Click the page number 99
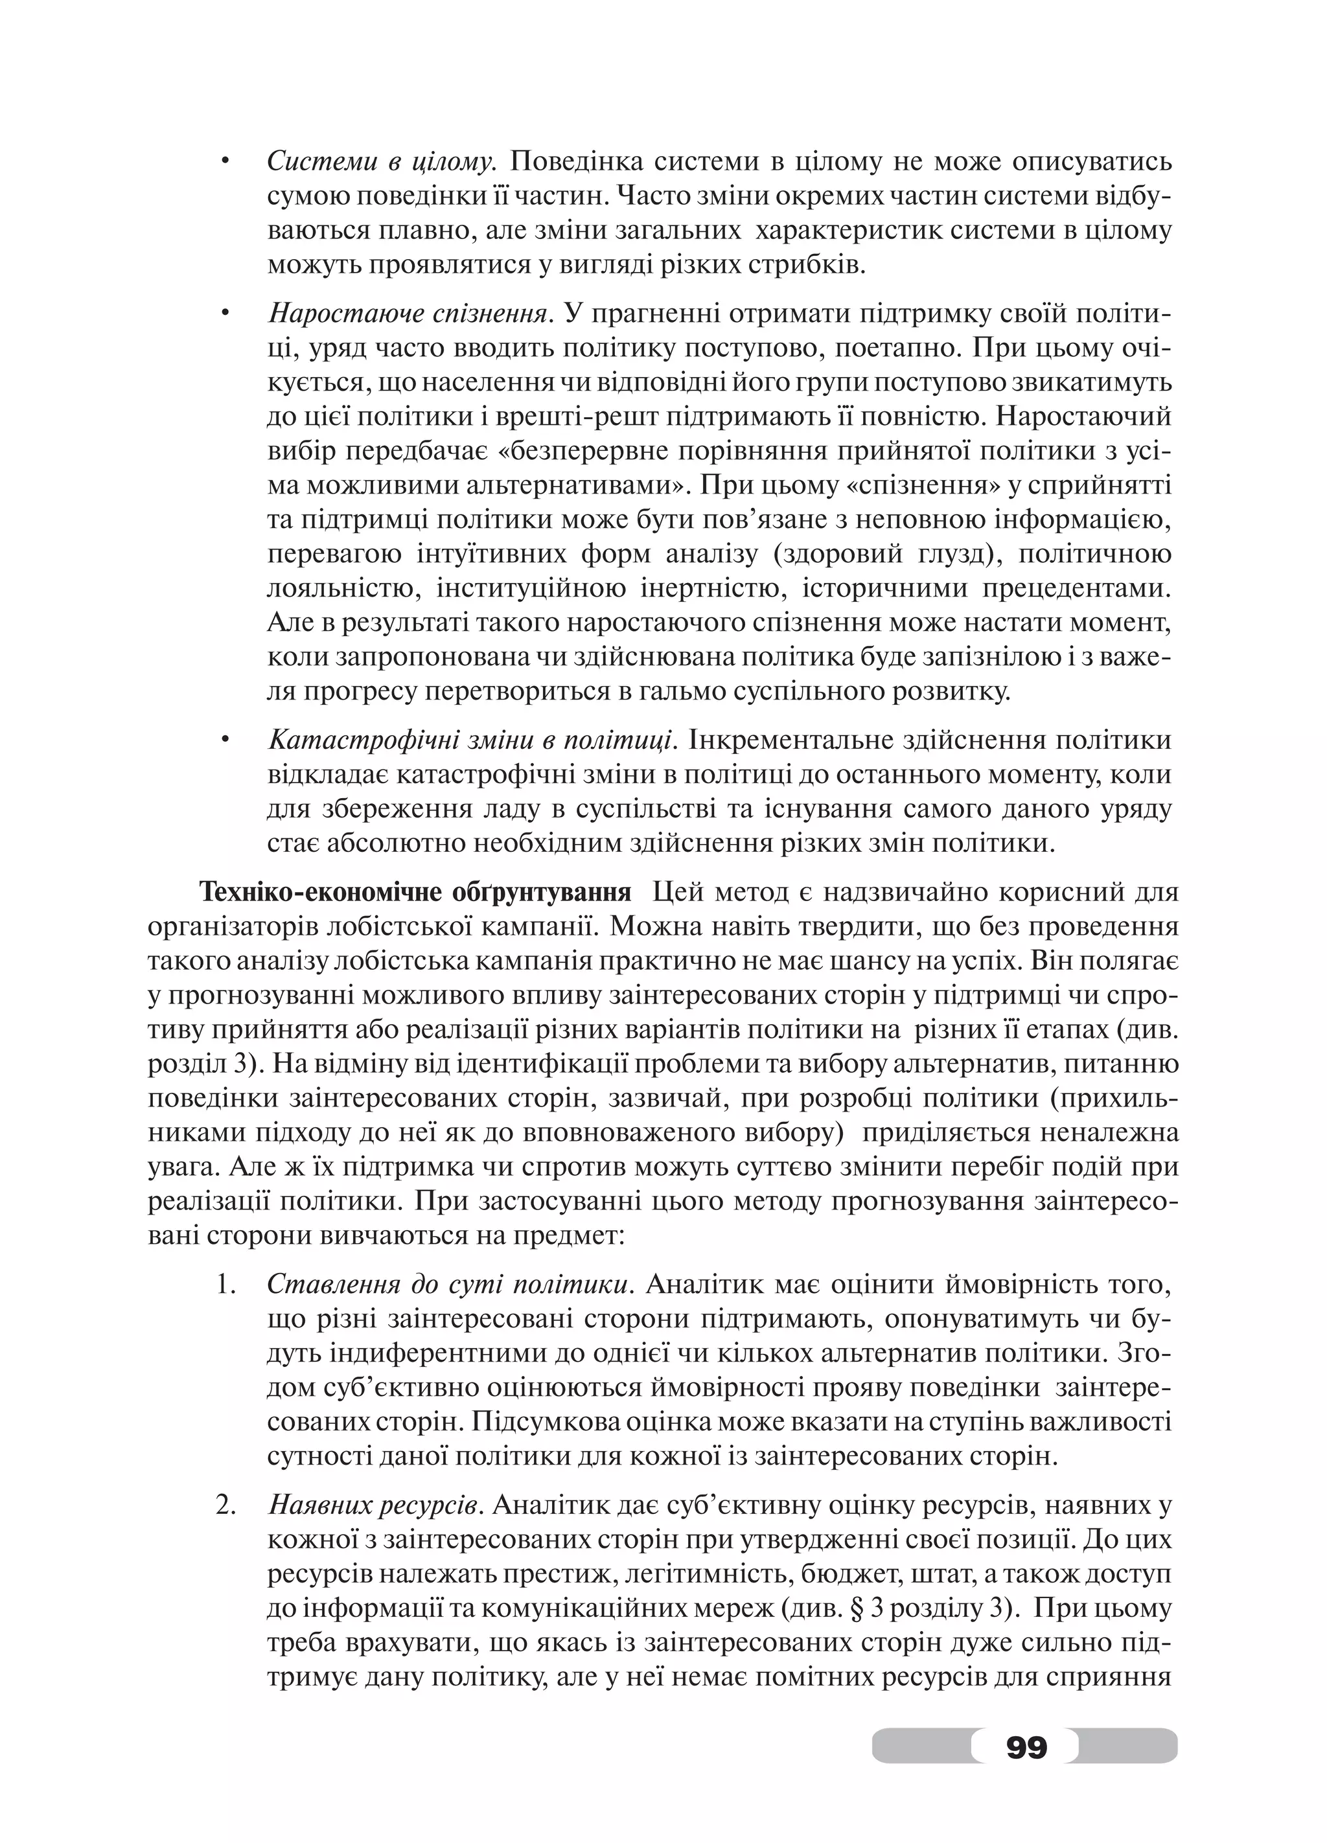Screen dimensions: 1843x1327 (1026, 1745)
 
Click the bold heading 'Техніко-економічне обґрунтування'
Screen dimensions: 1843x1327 (415, 892)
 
